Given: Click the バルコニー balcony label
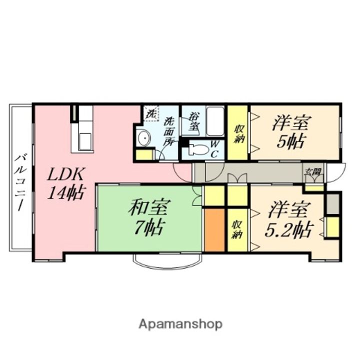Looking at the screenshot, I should (x=20, y=182).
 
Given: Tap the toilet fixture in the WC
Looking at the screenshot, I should (x=198, y=148).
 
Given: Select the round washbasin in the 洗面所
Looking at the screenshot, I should (x=144, y=137).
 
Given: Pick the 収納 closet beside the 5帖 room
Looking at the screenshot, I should (x=238, y=133).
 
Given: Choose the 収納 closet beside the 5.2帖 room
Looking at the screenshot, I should (x=237, y=229).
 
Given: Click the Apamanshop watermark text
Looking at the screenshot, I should (x=180, y=324).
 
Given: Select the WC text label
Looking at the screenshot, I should (x=213, y=149).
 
